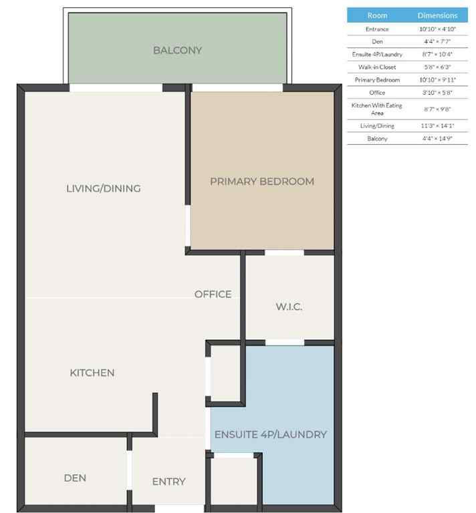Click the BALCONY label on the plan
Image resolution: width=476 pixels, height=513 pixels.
pos(177,50)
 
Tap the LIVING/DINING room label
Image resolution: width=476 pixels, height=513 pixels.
pos(104,188)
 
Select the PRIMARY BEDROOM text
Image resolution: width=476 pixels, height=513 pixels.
pos(262,182)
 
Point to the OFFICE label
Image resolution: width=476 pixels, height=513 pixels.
pos(213,294)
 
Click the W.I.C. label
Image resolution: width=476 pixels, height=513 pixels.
pos(289,307)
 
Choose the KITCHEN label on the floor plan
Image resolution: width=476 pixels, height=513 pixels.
pos(92,373)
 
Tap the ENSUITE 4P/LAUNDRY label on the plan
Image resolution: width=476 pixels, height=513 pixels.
pos(270,434)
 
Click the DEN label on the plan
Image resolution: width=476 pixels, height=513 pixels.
pos(75,478)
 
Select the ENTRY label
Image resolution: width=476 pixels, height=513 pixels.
pos(168,481)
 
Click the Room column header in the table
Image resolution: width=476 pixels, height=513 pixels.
pos(377,15)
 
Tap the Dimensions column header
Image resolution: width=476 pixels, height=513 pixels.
pos(438,15)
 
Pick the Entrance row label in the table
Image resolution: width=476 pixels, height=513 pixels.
pos(377,29)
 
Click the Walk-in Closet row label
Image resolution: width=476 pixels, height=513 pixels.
pos(377,67)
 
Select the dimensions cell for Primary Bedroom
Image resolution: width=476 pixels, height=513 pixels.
pos(438,79)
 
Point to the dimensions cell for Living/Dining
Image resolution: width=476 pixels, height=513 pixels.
pos(438,126)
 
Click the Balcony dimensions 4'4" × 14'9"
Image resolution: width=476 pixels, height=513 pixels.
pos(438,138)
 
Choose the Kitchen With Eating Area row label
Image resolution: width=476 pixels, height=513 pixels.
pos(377,109)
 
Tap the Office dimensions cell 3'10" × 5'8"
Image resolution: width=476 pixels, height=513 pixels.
pos(438,92)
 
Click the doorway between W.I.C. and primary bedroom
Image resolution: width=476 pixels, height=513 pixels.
pos(285,252)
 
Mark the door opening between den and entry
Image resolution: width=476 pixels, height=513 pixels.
pos(129,470)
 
